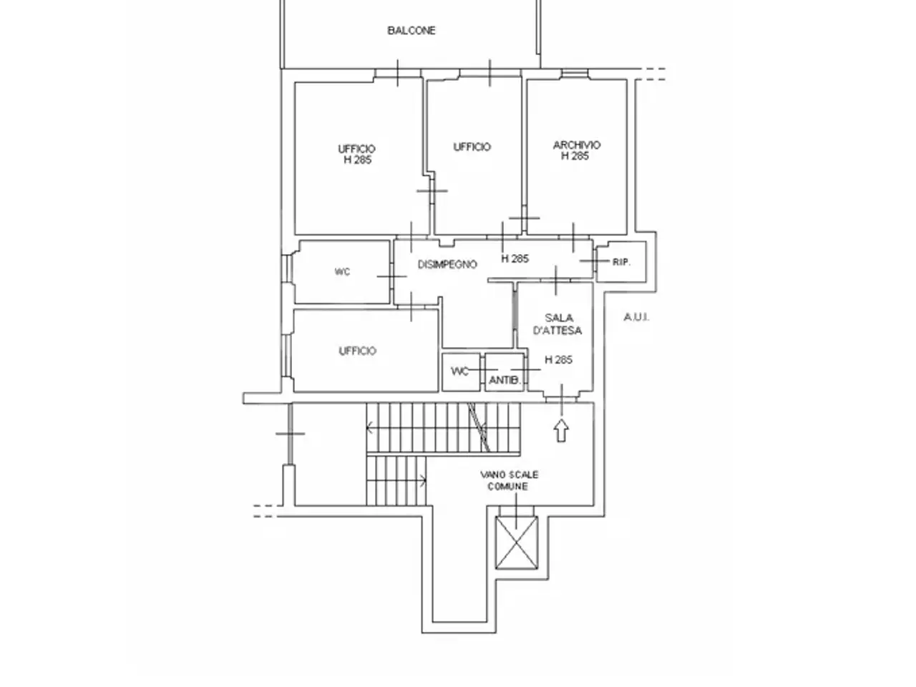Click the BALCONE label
(x=411, y=31)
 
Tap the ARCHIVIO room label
(x=577, y=145)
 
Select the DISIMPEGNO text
(x=447, y=265)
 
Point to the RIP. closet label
(x=621, y=263)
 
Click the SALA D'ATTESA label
(x=558, y=324)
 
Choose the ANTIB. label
(x=505, y=381)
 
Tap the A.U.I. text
(x=636, y=318)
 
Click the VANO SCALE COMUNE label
(x=509, y=480)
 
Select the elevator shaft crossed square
(x=516, y=542)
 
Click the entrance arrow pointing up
(x=561, y=431)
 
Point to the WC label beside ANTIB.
(x=460, y=371)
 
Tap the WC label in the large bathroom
(x=342, y=272)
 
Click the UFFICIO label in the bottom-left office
(x=358, y=351)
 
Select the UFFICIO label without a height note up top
(x=472, y=147)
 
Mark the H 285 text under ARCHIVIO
(x=575, y=156)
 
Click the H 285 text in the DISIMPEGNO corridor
(x=515, y=258)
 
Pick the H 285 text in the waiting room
(x=558, y=359)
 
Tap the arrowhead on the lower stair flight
(x=424, y=481)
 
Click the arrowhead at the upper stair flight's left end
(x=370, y=427)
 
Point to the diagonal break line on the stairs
(x=479, y=427)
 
